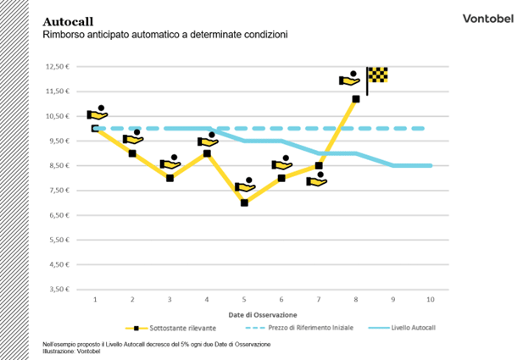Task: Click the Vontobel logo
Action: (x=486, y=18)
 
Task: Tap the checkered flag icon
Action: (x=377, y=75)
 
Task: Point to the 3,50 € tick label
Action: (x=58, y=290)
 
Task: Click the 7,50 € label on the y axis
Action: (x=58, y=191)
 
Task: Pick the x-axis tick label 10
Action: (x=431, y=300)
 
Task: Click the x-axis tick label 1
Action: (x=95, y=300)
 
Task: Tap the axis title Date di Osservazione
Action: (x=264, y=314)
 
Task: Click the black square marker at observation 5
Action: (x=244, y=203)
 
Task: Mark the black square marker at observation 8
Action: (x=356, y=99)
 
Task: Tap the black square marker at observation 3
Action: (x=170, y=178)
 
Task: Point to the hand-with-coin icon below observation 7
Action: (x=317, y=180)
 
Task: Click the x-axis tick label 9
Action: (x=393, y=300)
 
